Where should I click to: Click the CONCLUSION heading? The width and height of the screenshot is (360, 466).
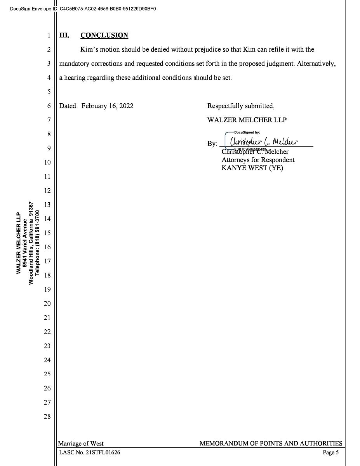coord(104,35)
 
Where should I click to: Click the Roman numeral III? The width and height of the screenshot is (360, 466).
coord(64,35)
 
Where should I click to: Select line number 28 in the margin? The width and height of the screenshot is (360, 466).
coord(47,417)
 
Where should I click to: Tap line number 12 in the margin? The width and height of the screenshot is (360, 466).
coord(47,191)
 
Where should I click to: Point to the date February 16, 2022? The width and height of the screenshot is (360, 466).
coord(107,106)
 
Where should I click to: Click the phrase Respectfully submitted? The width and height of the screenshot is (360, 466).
coord(241,106)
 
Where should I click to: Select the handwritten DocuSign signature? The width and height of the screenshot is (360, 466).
coord(264,141)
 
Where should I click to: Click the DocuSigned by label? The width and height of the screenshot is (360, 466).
coord(247,132)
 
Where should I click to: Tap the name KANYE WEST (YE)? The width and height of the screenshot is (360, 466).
coord(252,168)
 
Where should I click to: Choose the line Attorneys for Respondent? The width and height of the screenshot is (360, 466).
coord(258,160)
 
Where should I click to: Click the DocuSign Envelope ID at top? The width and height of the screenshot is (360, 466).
coord(83,9)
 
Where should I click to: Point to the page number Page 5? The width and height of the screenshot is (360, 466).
coord(331,452)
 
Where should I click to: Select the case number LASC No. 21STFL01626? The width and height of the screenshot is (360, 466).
coord(89,452)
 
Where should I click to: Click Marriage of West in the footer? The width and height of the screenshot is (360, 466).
coord(81,443)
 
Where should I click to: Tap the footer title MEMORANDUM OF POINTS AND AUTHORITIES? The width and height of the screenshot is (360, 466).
coord(271,443)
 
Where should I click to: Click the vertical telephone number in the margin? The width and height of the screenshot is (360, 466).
coord(38,243)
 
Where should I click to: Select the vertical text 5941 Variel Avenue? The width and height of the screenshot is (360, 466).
coord(25,243)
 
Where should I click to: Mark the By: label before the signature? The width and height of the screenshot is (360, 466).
coord(212,144)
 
